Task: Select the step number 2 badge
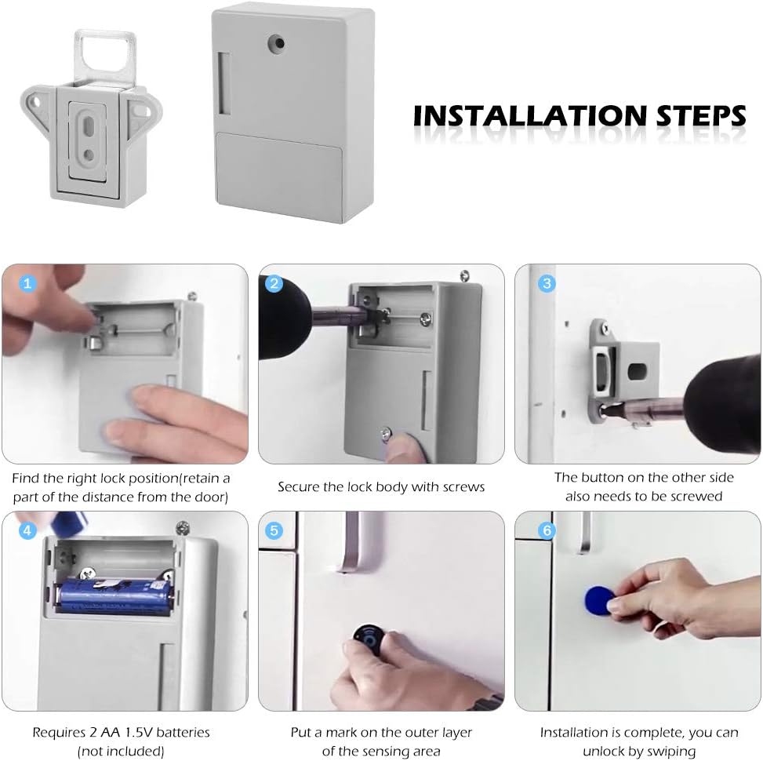pyautogui.click(x=274, y=284)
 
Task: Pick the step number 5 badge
pyautogui.click(x=274, y=530)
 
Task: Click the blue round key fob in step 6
pyautogui.click(x=598, y=602)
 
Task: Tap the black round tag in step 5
pyautogui.click(x=366, y=638)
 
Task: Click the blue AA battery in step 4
pyautogui.click(x=116, y=594)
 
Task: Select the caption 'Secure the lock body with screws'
pyautogui.click(x=381, y=487)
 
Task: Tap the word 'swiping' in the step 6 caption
pyautogui.click(x=668, y=751)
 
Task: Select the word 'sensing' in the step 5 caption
pyautogui.click(x=404, y=751)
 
